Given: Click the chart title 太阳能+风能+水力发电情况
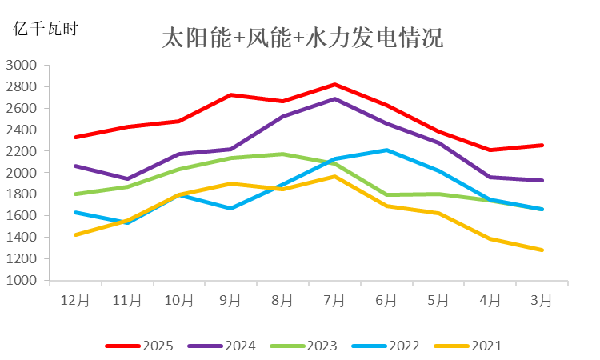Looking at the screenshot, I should [x=302, y=38].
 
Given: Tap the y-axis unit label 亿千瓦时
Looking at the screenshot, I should [x=46, y=30].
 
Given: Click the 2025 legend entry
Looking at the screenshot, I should [x=140, y=346].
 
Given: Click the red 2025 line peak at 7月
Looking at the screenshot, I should [x=334, y=84].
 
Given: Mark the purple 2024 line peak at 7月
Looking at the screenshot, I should [x=334, y=98].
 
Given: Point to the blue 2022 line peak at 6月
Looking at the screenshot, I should [x=386, y=150].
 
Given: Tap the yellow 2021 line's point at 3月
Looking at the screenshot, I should [x=542, y=250].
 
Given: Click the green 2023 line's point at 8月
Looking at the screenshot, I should [x=282, y=154].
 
